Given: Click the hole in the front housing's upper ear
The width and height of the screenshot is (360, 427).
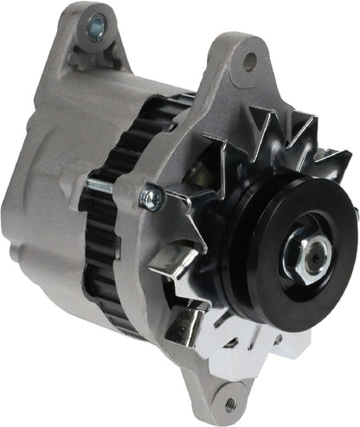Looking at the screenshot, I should [x=250, y=61].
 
